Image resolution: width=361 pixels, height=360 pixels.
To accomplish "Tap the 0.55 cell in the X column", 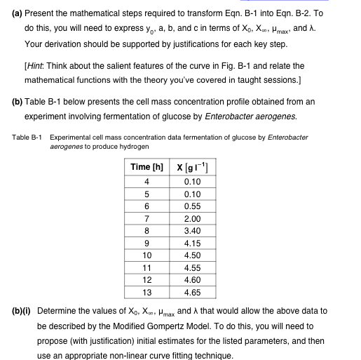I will [189, 206].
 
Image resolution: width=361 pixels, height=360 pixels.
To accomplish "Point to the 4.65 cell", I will [189, 292].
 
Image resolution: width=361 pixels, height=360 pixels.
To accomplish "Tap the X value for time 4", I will [189, 182].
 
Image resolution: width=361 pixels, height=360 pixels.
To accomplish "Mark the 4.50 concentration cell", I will [189, 255].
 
